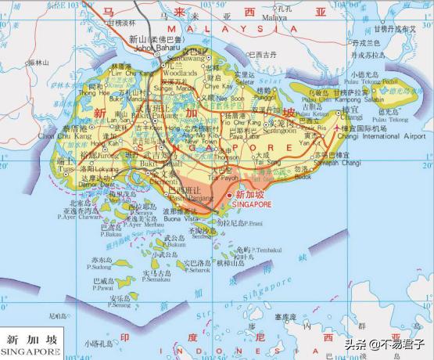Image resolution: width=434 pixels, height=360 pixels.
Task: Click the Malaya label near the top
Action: click(274, 16)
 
